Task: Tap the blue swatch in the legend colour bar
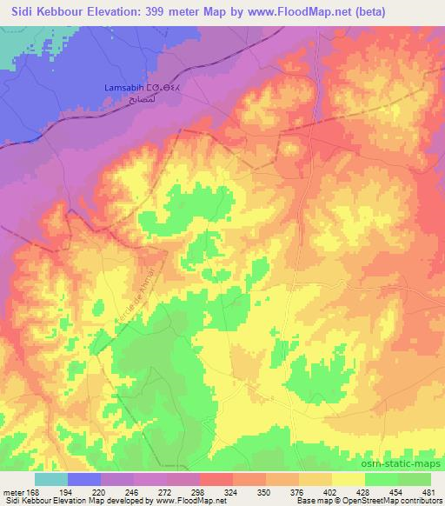pos(84,479)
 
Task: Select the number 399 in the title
pos(168,10)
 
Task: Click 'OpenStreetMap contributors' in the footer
pos(395,501)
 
